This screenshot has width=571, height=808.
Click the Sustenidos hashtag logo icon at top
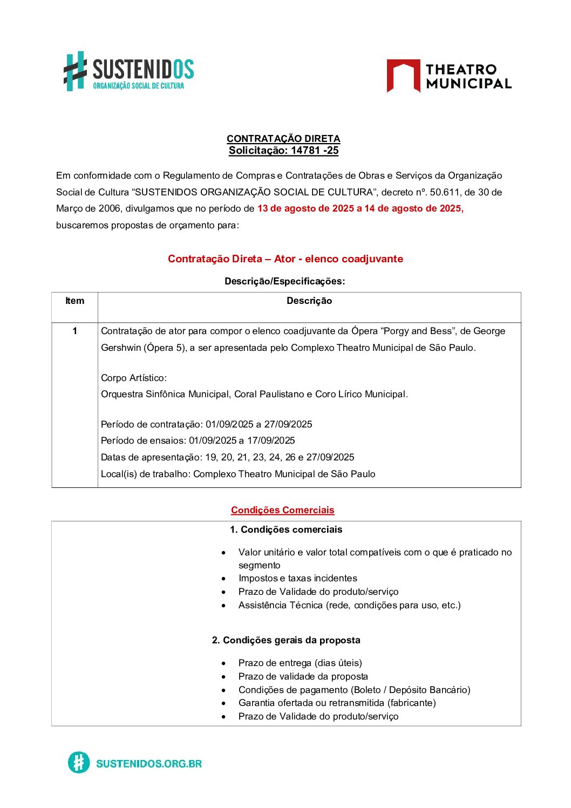click(x=76, y=71)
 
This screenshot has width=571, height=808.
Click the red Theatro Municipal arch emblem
click(x=403, y=76)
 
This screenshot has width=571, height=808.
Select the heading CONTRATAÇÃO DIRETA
click(x=283, y=139)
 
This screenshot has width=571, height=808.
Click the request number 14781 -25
click(x=314, y=151)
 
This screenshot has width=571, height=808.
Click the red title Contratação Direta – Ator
click(x=285, y=259)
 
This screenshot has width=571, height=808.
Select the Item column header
click(x=74, y=301)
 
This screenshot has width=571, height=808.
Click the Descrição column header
click(x=309, y=301)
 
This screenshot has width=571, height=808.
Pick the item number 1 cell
click(x=74, y=331)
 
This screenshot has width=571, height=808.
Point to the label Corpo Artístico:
click(x=134, y=378)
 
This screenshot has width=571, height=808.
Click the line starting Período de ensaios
click(x=198, y=440)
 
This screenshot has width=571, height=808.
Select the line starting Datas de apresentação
click(x=227, y=457)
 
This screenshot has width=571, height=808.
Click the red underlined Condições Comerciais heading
click(x=282, y=510)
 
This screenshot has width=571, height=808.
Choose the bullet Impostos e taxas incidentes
click(x=297, y=578)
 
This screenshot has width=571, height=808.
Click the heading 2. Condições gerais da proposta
click(x=286, y=640)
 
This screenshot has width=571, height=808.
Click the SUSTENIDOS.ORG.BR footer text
click(x=148, y=763)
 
